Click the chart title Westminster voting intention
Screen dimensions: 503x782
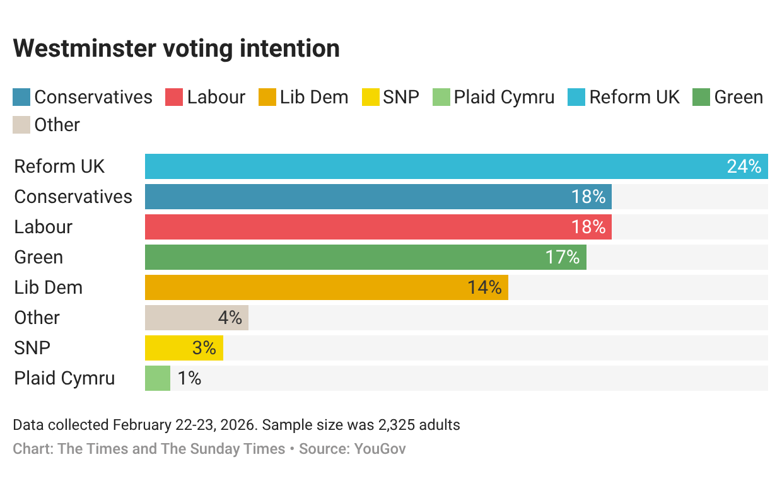point(177,49)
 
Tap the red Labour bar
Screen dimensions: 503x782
point(378,227)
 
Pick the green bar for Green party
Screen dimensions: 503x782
point(366,257)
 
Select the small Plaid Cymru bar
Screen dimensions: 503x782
point(158,378)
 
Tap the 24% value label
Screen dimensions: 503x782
point(744,166)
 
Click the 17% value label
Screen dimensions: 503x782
point(562,257)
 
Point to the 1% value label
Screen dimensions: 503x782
point(189,378)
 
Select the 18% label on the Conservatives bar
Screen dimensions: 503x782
point(588,197)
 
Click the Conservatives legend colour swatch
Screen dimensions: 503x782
point(21,97)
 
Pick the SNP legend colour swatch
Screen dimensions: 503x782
point(370,97)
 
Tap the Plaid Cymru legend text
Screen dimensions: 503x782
point(504,97)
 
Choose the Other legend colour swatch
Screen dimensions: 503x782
point(21,125)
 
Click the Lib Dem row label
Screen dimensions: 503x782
point(49,287)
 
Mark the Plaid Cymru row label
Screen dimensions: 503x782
point(64,378)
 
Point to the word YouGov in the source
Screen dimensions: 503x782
point(380,449)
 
